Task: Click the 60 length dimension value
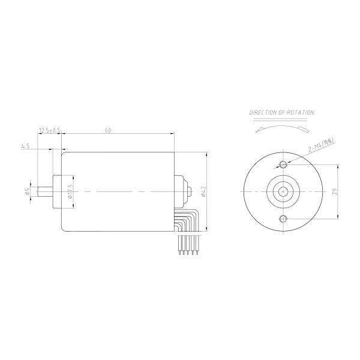[107, 130]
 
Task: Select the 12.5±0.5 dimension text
[50, 130]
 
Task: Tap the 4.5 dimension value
[25, 145]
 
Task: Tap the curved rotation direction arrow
[281, 128]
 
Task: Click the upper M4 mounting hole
[283, 164]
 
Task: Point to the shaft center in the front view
[283, 191]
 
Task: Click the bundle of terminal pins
[185, 246]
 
